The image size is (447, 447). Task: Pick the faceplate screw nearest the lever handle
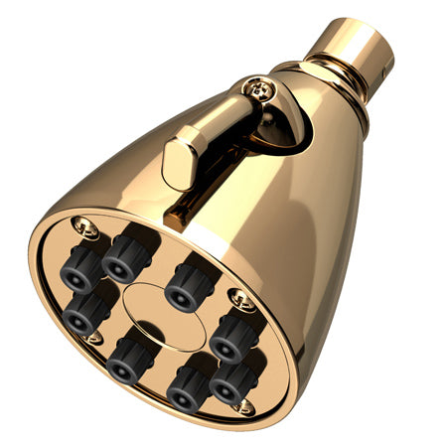point(85,230)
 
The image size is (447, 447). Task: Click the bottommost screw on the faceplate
point(241,407)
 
